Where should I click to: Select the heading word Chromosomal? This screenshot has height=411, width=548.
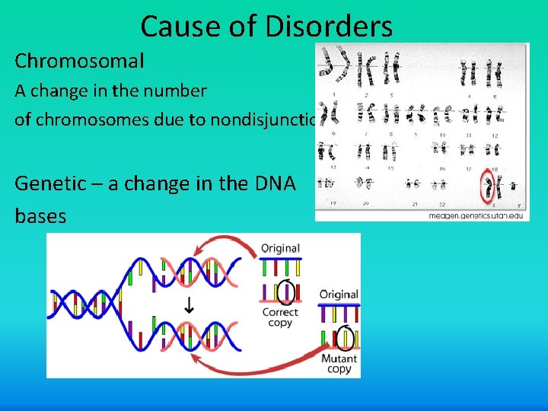(x=79, y=60)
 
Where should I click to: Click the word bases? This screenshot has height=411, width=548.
(x=40, y=216)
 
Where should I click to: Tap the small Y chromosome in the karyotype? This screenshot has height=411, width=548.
(x=515, y=185)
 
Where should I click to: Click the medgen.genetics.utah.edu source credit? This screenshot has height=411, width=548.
(x=476, y=215)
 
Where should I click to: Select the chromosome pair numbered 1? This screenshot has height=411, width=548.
(x=334, y=68)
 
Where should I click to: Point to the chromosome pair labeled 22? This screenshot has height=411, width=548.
(x=439, y=185)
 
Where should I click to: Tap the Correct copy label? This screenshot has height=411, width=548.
(x=279, y=317)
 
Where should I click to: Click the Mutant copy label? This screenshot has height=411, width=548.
(x=339, y=364)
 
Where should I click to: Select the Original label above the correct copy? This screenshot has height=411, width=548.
(x=280, y=248)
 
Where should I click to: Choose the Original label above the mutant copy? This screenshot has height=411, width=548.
(x=339, y=294)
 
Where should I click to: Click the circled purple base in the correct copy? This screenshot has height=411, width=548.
(x=286, y=292)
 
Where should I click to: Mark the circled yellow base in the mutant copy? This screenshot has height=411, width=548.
(x=346, y=337)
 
